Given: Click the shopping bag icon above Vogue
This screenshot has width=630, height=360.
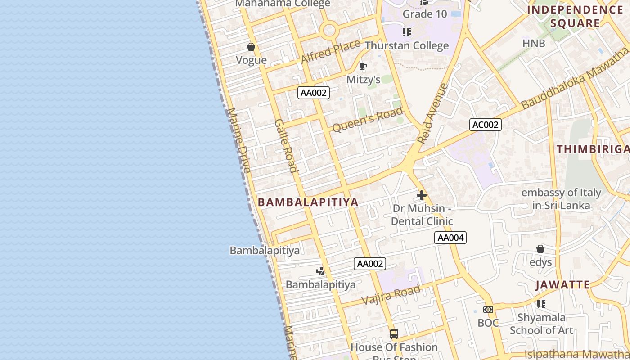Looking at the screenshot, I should coord(251,47).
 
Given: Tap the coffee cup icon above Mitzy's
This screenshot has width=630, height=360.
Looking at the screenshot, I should coord(363,67).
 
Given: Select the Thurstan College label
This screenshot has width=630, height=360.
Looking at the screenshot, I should coord(407,45).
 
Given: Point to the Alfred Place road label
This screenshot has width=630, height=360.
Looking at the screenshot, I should coord(330,51).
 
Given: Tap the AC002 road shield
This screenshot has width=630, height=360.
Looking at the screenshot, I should coord(485,125).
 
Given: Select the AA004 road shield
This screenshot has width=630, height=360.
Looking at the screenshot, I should coord(450,238).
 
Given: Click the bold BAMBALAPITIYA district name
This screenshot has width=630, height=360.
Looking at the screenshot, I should coord(308,202).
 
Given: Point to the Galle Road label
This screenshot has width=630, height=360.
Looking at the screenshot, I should coord(286,146).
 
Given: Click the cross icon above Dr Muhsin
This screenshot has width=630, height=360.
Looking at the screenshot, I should coord(422,195).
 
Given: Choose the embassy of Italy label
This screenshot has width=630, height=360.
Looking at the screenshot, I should coord(561,199).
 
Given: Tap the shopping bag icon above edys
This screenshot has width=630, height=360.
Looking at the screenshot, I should coord(540,249).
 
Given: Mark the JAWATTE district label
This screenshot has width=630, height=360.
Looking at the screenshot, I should coord(562,285).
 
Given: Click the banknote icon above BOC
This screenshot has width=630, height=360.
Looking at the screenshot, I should coord(488,310).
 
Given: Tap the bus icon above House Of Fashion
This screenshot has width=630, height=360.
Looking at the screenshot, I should coord(394,334).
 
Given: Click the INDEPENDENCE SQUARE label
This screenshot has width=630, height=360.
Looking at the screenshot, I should coord(575,17).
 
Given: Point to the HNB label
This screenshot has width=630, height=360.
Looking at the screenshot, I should coord(534,43).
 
